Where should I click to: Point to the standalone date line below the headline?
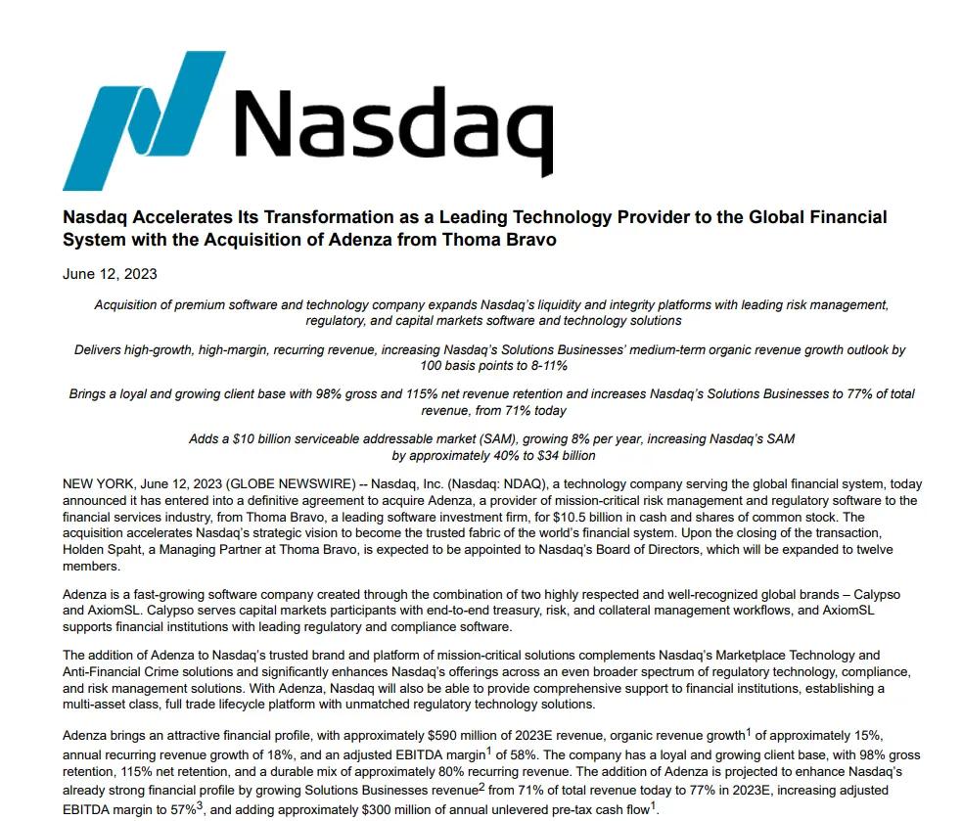[110, 274]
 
